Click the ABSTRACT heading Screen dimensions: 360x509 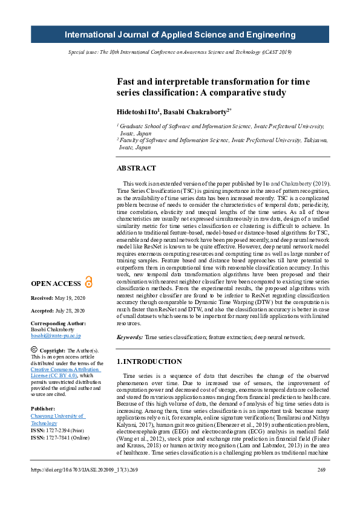pyautogui.click(x=137, y=169)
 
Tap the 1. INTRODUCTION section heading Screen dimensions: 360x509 pyautogui.click(x=149, y=361)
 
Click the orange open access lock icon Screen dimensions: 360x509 pyautogui.click(x=89, y=282)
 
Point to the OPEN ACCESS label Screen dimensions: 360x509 pyautogui.click(x=56, y=284)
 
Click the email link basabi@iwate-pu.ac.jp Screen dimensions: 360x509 pyautogui.click(x=56, y=335)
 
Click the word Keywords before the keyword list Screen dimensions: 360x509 pyautogui.click(x=129, y=337)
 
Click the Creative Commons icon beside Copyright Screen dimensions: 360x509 pyautogui.click(x=34, y=350)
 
